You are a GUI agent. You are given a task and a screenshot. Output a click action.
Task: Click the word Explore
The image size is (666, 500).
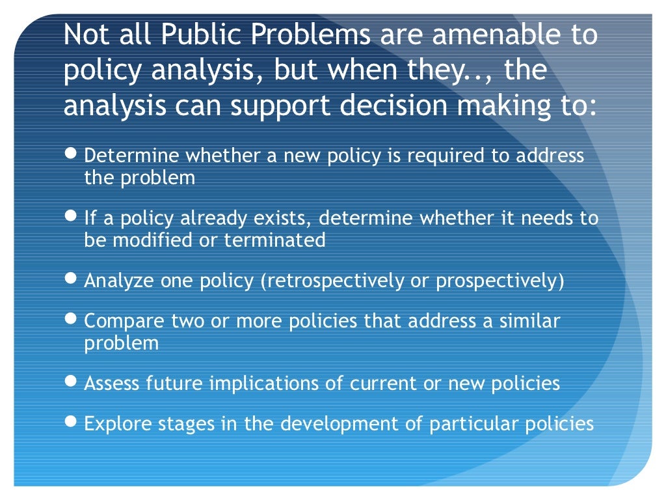coord(114,424)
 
